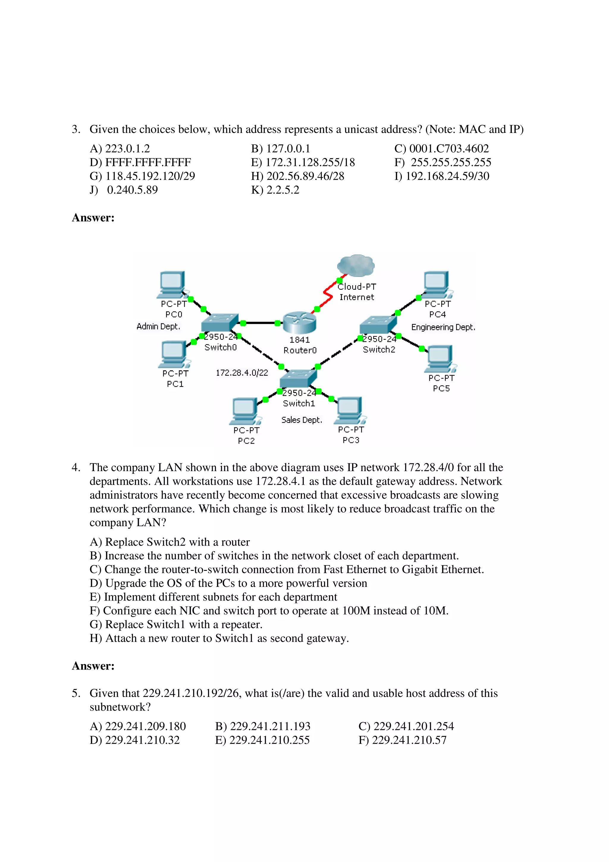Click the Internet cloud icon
tap(355, 265)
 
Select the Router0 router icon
tap(299, 322)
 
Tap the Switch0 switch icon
tap(219, 322)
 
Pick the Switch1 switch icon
tap(298, 378)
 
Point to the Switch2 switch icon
tap(378, 325)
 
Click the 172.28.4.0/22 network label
tap(242, 373)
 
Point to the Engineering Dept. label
tap(443, 327)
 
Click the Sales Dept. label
tap(302, 420)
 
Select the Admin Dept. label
tap(158, 327)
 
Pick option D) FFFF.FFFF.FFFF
tap(140, 163)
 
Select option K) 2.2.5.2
tap(275, 190)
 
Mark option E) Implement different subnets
tap(213, 597)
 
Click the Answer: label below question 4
tap(93, 666)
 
